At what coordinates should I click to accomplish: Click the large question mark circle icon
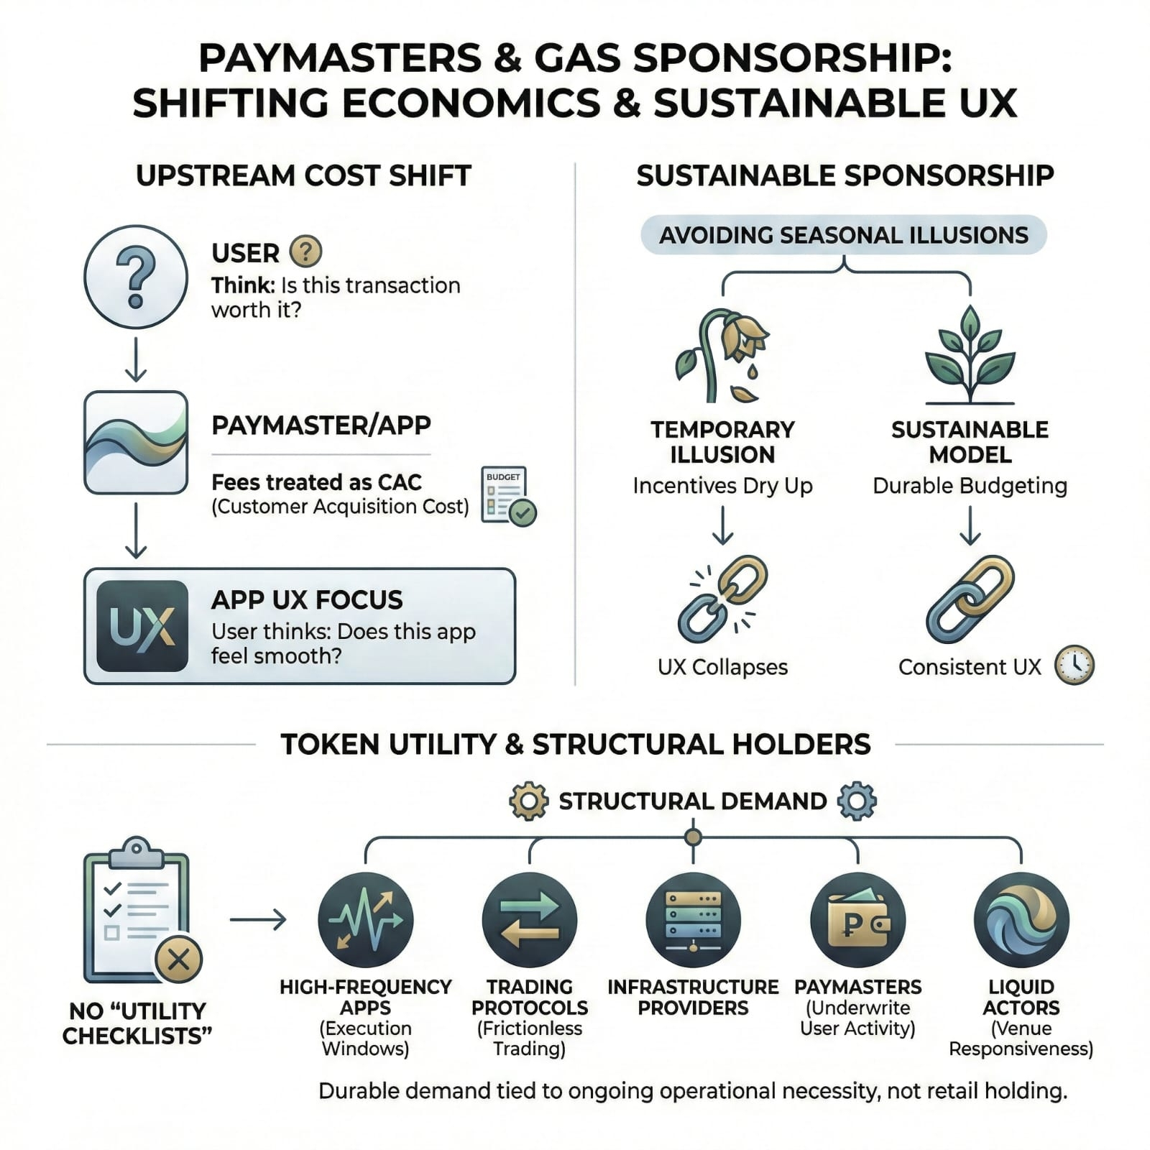click(x=136, y=277)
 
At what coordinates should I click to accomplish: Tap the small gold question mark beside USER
click(x=305, y=252)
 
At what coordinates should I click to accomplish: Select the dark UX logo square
click(x=142, y=626)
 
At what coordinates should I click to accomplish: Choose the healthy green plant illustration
click(x=970, y=355)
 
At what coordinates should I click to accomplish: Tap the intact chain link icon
click(x=970, y=599)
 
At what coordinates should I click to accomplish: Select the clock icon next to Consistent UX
click(x=1074, y=666)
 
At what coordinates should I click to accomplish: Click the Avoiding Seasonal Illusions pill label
click(x=843, y=235)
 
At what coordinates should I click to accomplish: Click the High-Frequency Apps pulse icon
click(x=365, y=920)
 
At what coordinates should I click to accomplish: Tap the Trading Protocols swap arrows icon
click(x=530, y=920)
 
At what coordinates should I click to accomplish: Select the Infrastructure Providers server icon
click(x=693, y=920)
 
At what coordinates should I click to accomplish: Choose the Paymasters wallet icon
click(x=857, y=920)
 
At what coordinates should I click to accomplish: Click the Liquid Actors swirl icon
click(x=1021, y=920)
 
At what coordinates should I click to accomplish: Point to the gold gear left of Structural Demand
click(x=528, y=801)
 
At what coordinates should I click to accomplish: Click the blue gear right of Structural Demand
click(x=857, y=801)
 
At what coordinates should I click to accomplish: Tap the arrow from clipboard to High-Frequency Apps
click(x=258, y=920)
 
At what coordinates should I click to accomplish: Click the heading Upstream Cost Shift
click(x=303, y=176)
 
